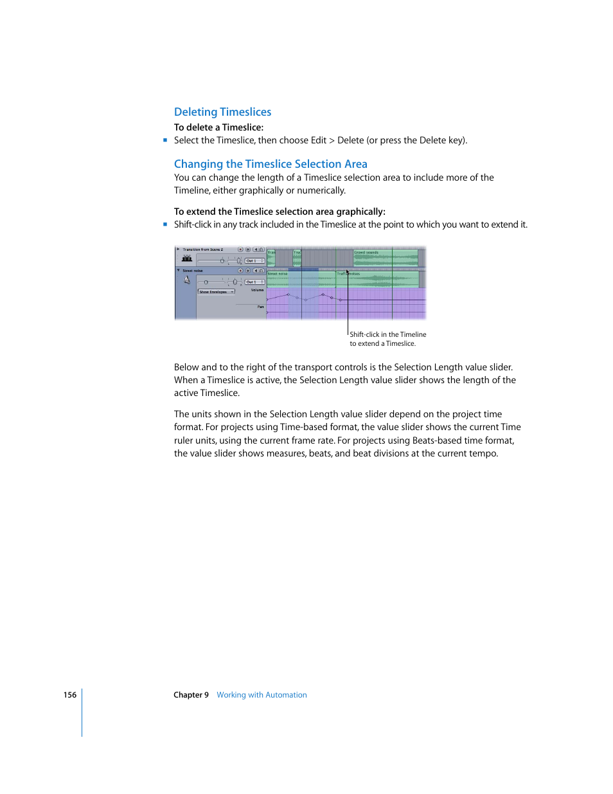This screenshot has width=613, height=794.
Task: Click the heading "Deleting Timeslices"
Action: point(222,112)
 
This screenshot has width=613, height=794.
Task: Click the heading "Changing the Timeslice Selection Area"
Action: point(271,164)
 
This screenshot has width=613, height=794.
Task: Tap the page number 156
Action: point(69,695)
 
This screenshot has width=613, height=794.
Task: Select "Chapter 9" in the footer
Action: point(191,695)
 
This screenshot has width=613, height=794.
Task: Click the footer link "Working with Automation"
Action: point(262,695)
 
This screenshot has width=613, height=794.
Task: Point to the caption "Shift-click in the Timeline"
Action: point(387,334)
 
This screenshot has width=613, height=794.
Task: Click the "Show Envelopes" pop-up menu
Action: point(215,292)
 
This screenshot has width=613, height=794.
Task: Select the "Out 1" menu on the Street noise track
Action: point(254,282)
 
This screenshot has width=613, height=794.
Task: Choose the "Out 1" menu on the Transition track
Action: point(254,260)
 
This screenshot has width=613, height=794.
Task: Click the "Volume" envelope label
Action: point(257,290)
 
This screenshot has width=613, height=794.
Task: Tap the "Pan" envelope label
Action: point(260,307)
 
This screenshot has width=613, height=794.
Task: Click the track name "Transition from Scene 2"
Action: point(202,249)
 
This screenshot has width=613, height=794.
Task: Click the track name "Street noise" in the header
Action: point(192,271)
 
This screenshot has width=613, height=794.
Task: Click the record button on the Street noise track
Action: point(240,271)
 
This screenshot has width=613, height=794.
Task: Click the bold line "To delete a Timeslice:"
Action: point(218,127)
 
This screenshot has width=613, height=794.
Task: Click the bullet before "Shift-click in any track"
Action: point(165,224)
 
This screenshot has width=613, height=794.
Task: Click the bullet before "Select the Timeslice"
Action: point(165,140)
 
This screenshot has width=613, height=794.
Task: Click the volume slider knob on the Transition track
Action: point(222,260)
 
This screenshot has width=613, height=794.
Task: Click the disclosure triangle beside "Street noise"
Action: point(179,271)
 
